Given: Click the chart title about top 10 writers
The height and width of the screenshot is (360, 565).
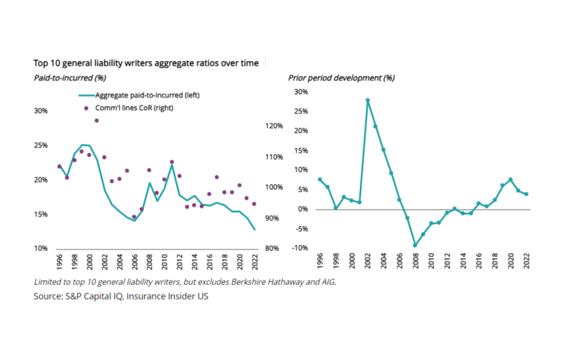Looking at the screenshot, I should pos(146,63).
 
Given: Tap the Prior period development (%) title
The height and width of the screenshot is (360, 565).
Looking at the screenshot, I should pos(342,77).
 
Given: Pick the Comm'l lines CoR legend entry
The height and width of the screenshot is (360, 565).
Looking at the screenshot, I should pos(135,108).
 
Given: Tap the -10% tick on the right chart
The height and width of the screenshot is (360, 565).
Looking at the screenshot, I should pos(299,248).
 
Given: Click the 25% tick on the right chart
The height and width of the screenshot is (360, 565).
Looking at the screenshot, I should pos(300,111).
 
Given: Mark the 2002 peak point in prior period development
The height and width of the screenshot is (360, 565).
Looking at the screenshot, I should pos(368,100).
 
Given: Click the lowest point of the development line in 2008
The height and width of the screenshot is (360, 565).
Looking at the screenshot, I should pos(415,246).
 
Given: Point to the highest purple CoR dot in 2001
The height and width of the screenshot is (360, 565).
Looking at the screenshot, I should pos(96,120).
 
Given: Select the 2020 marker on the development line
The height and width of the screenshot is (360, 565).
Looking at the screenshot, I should pos(511,180).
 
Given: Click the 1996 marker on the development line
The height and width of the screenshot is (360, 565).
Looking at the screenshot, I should pos(319,180).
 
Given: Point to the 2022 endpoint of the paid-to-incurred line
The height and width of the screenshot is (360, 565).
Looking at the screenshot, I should pos(255,230).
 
